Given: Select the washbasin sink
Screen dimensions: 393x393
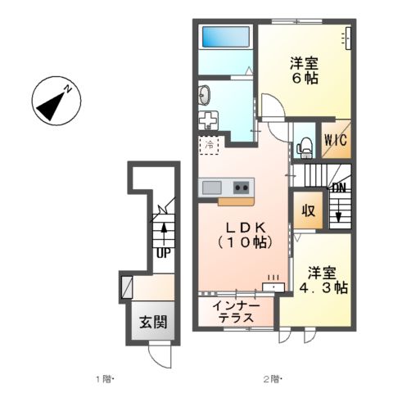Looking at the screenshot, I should (205, 96).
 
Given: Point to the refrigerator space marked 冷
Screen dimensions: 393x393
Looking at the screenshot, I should (209, 146).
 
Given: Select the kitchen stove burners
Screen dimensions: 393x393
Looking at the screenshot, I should (242, 187).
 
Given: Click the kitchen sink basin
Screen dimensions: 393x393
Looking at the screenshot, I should (211, 187).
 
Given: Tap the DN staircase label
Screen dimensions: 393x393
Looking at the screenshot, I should (337, 188).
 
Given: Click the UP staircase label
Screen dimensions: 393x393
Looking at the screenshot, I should (163, 254).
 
